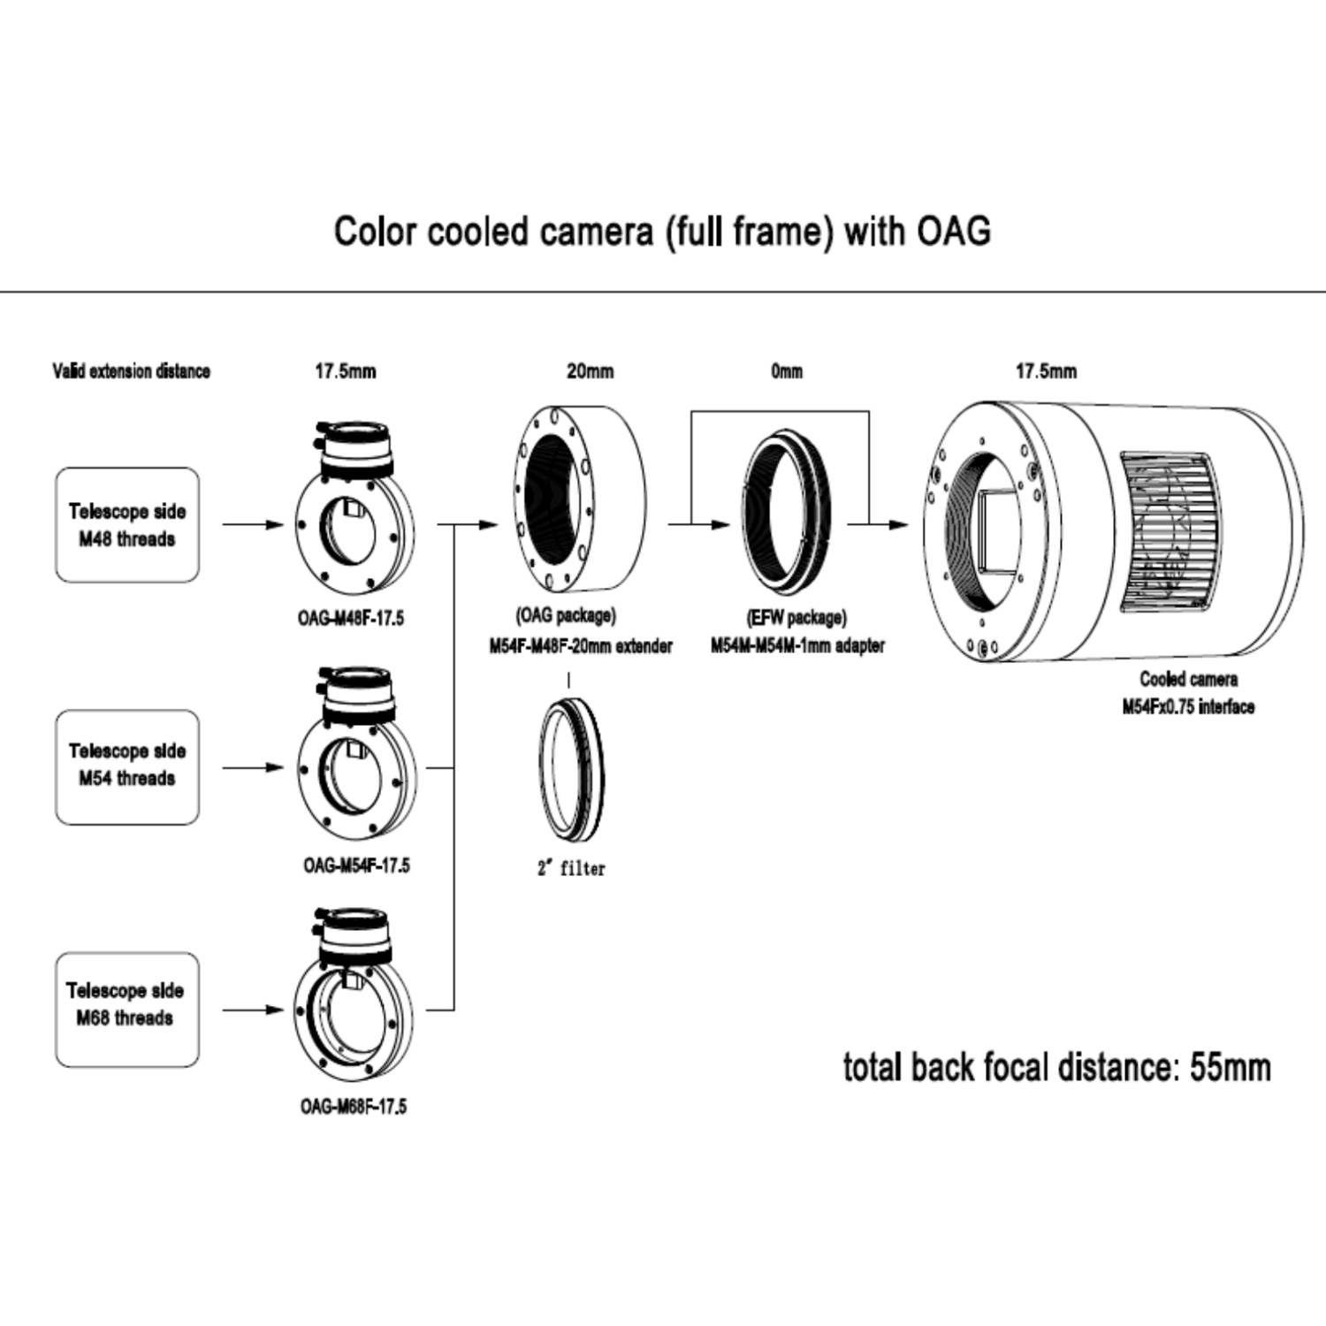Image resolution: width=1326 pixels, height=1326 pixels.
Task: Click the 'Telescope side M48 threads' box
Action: click(127, 525)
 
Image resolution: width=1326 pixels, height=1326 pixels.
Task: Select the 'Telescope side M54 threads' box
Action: click(127, 766)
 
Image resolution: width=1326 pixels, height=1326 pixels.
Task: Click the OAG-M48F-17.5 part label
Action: click(350, 619)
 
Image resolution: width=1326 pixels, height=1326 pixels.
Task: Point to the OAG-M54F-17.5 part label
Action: click(355, 865)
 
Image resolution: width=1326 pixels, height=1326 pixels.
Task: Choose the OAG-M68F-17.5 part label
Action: click(354, 1107)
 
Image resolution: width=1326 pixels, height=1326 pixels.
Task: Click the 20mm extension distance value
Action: click(590, 371)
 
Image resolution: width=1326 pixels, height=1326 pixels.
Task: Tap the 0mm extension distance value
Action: click(787, 371)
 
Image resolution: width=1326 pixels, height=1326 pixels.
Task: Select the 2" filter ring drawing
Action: click(571, 768)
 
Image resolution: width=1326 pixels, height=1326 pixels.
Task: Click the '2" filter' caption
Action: click(571, 869)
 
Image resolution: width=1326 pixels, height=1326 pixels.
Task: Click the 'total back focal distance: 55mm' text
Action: click(1056, 1067)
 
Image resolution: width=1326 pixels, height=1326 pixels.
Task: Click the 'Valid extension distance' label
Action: click(131, 371)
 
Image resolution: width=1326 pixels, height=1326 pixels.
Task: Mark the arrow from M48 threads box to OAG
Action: click(253, 525)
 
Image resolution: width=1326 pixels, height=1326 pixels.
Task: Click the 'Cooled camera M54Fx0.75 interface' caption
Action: click(1188, 692)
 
